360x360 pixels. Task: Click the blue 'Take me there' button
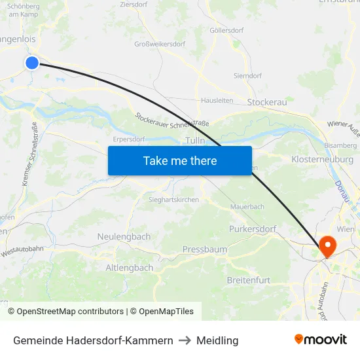179,160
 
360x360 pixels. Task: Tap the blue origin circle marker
32,62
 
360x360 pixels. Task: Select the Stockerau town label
267,102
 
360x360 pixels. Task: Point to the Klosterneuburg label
322,159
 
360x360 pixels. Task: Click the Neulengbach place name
124,236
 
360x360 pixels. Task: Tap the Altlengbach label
130,268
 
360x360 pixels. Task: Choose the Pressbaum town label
205,249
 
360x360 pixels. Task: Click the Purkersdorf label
253,229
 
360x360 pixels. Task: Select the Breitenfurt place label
248,280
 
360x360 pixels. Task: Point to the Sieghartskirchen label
173,200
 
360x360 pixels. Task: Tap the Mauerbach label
247,207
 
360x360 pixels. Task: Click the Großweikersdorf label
160,45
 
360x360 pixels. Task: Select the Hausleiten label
217,100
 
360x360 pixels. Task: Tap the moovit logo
321,340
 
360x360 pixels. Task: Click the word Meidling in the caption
217,340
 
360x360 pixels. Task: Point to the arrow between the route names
185,340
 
